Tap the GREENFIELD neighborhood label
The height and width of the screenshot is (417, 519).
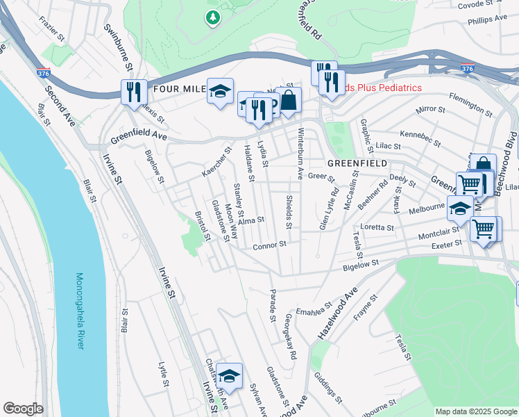357,163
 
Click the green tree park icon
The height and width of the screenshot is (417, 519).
214,17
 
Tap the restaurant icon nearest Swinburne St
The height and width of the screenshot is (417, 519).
133,92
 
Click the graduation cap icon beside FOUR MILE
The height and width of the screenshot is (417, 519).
220,91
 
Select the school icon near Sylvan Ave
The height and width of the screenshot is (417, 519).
229,376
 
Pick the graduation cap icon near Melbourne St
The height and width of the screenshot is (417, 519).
461,208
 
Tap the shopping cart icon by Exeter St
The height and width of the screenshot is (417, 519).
483,229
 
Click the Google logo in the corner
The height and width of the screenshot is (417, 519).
23,409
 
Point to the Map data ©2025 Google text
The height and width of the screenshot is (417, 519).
475,411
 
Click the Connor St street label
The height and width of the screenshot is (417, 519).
269,245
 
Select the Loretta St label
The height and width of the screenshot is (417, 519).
377,227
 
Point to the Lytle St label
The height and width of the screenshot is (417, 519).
164,373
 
